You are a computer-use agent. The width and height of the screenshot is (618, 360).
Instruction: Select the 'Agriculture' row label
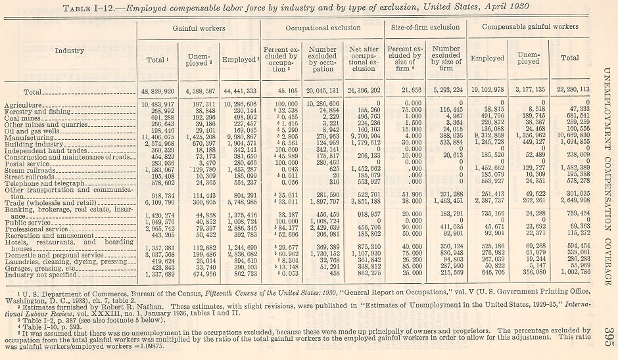(24, 105)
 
